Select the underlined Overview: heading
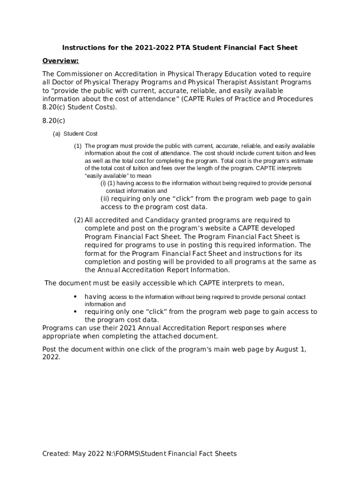click(x=60, y=61)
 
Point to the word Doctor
click(x=64, y=82)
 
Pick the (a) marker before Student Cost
click(x=57, y=134)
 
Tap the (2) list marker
click(x=78, y=220)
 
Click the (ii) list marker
click(x=105, y=199)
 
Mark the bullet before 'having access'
click(x=75, y=297)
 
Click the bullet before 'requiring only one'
click(x=75, y=312)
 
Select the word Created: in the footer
click(x=56, y=453)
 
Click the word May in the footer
click(x=80, y=453)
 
